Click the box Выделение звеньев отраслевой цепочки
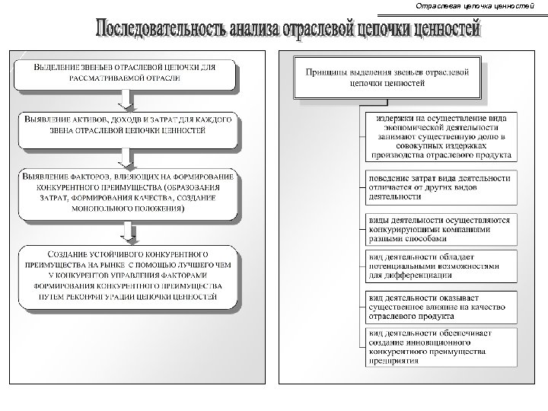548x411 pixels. (126, 73)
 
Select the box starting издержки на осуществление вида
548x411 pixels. (440, 138)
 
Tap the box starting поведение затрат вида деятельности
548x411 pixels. (440, 186)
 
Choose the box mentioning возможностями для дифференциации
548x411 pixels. (440, 266)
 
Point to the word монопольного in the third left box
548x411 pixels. (100, 205)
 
